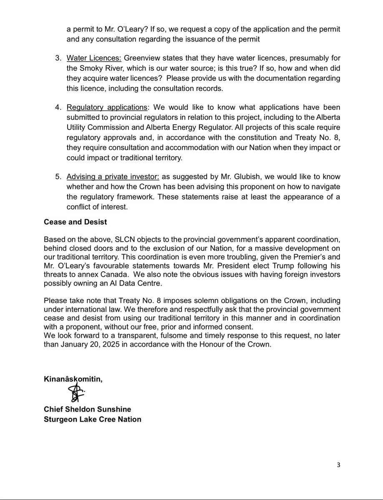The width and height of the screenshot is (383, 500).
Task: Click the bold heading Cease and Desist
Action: (x=75, y=222)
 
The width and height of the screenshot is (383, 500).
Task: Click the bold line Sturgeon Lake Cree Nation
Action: (x=92, y=419)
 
